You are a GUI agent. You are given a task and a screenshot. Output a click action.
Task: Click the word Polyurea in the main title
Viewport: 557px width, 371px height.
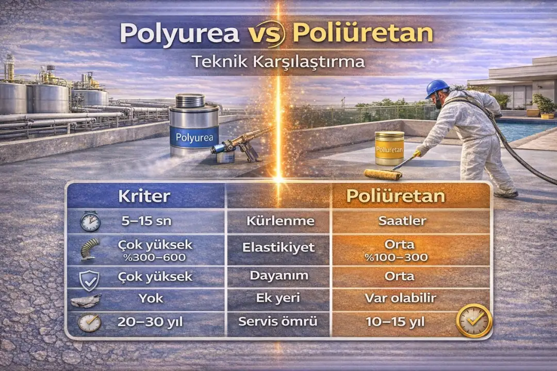[179, 33]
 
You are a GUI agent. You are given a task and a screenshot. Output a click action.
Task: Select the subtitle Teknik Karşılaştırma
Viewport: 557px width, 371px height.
[278, 62]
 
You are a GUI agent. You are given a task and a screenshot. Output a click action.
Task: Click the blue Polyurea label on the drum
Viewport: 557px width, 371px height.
[193, 137]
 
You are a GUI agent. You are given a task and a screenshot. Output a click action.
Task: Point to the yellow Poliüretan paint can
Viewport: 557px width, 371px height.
[389, 148]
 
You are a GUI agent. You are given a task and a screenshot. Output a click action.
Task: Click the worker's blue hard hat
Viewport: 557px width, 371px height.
[437, 88]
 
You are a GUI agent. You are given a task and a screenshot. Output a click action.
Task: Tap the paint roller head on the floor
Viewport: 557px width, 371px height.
[383, 174]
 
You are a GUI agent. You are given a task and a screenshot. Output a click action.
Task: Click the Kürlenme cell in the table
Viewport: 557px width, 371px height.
[278, 222]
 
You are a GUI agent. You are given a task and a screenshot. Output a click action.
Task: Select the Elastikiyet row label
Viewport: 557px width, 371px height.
[278, 247]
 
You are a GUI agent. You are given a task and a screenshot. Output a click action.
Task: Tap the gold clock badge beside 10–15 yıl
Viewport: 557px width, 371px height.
[474, 321]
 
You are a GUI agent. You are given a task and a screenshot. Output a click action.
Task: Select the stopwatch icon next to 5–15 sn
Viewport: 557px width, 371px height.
[90, 222]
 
